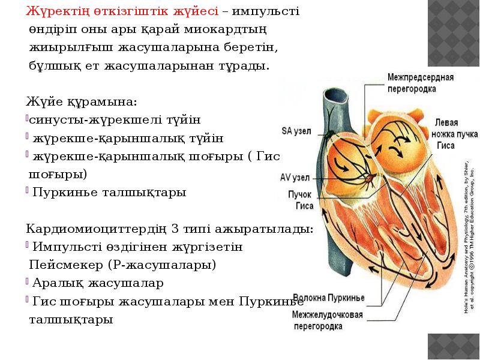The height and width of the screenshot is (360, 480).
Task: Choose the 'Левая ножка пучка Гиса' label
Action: [x=446, y=133]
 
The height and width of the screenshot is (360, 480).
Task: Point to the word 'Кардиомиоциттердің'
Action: [x=97, y=229]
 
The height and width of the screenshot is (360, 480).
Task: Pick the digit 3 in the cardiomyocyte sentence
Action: [x=175, y=229]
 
